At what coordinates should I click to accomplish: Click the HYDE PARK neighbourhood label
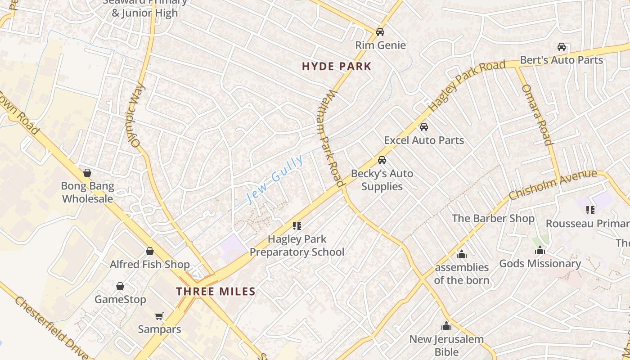click(x=337, y=67)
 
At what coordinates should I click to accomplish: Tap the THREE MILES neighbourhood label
click(x=216, y=291)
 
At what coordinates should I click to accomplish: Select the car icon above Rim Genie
click(x=380, y=32)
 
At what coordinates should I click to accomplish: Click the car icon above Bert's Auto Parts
click(x=561, y=47)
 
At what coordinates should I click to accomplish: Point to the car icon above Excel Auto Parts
click(x=423, y=127)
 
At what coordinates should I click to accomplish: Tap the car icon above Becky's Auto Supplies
click(x=382, y=160)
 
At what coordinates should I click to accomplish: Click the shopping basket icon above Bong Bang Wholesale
click(x=87, y=173)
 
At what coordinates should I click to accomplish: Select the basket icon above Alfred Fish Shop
click(x=150, y=251)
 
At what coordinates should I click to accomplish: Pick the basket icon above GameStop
click(x=120, y=286)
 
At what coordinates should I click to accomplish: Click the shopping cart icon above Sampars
click(x=159, y=316)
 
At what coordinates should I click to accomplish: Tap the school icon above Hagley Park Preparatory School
click(x=297, y=225)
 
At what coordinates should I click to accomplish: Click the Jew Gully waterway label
click(x=275, y=179)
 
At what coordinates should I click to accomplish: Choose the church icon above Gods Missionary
click(x=540, y=251)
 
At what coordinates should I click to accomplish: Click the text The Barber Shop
click(x=493, y=219)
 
